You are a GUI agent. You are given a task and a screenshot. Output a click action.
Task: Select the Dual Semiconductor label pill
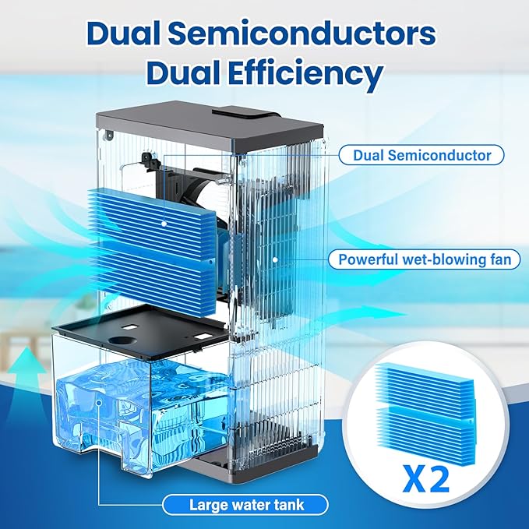click(421, 155)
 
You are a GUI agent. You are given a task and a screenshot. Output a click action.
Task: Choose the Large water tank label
click(246, 505)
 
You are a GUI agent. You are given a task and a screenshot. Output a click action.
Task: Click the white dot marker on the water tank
click(101, 404)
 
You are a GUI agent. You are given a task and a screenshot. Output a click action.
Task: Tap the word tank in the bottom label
click(287, 505)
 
